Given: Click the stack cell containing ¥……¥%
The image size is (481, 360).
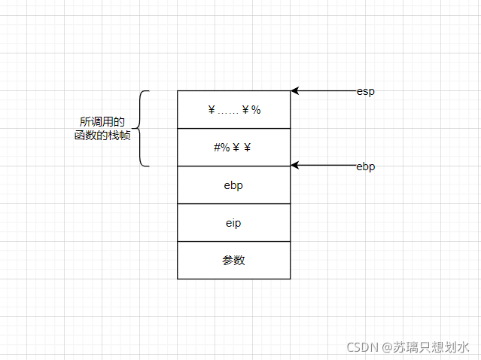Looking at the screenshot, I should [233, 110].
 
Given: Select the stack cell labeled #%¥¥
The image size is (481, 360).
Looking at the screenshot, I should [233, 148].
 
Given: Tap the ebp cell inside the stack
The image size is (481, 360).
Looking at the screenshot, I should [233, 185].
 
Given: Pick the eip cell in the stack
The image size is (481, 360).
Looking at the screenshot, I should [233, 223].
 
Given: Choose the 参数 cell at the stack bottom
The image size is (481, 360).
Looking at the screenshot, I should [233, 261].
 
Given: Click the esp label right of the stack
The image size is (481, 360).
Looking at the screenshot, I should [366, 91].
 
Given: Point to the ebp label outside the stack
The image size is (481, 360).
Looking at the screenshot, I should [366, 166].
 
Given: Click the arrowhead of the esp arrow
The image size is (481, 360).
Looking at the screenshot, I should [294, 90].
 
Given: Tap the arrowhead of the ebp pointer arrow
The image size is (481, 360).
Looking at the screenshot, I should [294, 166].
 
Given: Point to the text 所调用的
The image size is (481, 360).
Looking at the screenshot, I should [102, 121].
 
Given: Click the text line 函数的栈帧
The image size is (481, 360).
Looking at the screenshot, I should [102, 136].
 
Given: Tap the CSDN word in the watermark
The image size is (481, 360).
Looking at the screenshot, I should [362, 346].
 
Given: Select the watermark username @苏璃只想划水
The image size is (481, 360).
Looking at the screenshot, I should [426, 346].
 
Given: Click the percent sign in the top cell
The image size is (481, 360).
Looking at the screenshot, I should [256, 110].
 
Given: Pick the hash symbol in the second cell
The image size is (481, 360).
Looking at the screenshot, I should [217, 148].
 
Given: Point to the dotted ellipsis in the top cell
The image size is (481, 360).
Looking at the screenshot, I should [228, 111].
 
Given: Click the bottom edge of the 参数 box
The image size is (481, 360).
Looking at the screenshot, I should [233, 279].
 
